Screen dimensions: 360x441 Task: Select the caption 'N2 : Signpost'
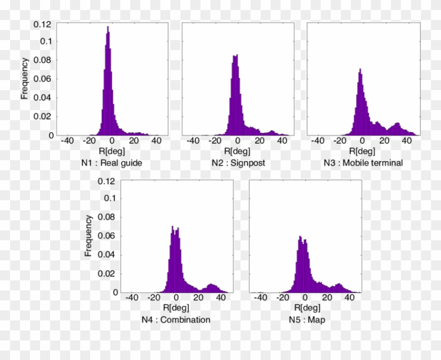(x=238, y=163)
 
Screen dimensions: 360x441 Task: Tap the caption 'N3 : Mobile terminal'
(x=362, y=163)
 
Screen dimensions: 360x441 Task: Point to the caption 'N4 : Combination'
(x=176, y=320)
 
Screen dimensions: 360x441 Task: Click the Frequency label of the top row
(x=24, y=79)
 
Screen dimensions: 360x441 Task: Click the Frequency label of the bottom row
(x=88, y=235)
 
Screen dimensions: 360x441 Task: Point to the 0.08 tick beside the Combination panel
(x=109, y=217)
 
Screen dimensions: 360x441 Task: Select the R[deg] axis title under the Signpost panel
(x=238, y=151)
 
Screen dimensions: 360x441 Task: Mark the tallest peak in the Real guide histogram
(x=107, y=28)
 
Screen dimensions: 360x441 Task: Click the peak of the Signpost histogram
(x=234, y=56)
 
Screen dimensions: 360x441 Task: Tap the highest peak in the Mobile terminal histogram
(x=359, y=70)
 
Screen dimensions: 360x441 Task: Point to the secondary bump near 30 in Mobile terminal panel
(x=397, y=124)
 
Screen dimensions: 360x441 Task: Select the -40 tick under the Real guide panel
(x=67, y=141)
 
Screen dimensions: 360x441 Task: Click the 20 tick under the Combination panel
(x=199, y=298)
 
